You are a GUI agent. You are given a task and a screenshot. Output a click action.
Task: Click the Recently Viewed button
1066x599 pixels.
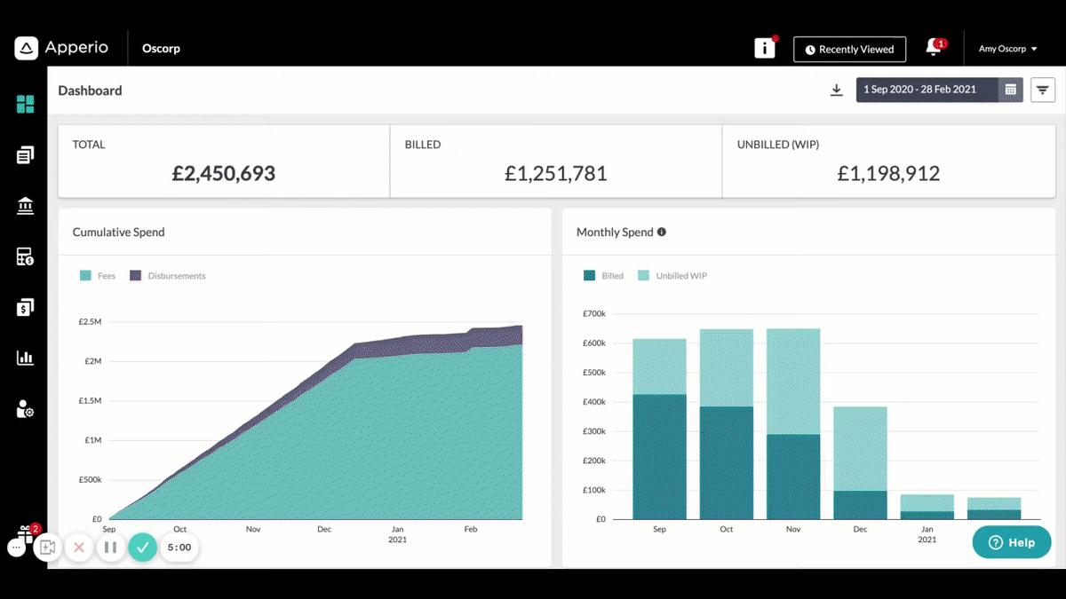(849, 49)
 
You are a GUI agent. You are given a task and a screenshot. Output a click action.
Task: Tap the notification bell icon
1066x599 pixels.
(934, 48)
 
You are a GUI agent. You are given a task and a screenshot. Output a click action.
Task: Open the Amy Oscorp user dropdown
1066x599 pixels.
(1007, 49)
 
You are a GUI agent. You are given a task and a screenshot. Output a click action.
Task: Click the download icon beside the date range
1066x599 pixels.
(836, 90)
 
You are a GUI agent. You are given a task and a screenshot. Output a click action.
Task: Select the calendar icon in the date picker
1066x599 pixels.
(1010, 90)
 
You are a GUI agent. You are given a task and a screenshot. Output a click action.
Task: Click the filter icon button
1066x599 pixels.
(1042, 90)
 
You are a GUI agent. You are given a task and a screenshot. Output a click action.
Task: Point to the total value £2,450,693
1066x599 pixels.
(224, 173)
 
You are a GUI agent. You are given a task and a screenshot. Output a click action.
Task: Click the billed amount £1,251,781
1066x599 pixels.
(556, 173)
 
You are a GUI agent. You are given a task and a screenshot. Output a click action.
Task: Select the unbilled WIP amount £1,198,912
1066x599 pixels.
(888, 173)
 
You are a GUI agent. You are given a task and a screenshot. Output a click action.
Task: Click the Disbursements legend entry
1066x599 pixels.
(168, 276)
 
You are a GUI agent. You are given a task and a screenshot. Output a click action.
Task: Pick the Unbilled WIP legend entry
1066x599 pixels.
(672, 276)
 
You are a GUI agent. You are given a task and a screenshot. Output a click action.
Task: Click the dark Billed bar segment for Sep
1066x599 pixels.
(659, 457)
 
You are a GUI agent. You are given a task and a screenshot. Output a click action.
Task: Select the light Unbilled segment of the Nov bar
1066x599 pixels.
(793, 382)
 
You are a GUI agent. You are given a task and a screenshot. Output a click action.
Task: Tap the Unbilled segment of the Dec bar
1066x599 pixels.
(861, 449)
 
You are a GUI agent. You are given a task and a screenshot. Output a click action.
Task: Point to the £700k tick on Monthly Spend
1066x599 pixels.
(594, 314)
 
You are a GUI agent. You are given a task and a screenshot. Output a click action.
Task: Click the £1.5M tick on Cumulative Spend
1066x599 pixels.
(90, 401)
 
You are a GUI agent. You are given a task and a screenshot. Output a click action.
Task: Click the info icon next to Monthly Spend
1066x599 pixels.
(662, 232)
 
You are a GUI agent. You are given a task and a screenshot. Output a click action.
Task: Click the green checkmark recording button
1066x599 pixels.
(143, 548)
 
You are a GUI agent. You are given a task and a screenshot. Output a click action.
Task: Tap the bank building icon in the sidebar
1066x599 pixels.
(25, 206)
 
